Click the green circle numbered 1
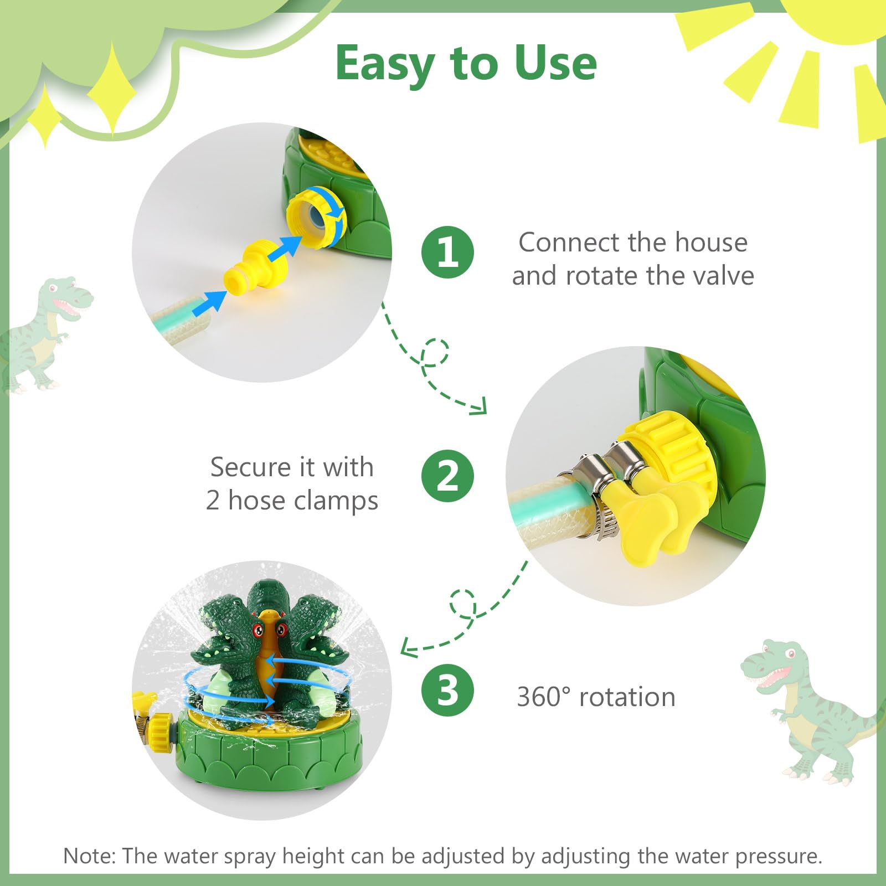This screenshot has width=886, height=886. point(447,253)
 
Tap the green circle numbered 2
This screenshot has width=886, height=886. point(447,476)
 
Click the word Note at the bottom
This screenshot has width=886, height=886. point(88,856)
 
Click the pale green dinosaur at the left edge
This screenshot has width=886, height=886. point(42,332)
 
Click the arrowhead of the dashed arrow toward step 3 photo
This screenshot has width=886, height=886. point(407,647)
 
